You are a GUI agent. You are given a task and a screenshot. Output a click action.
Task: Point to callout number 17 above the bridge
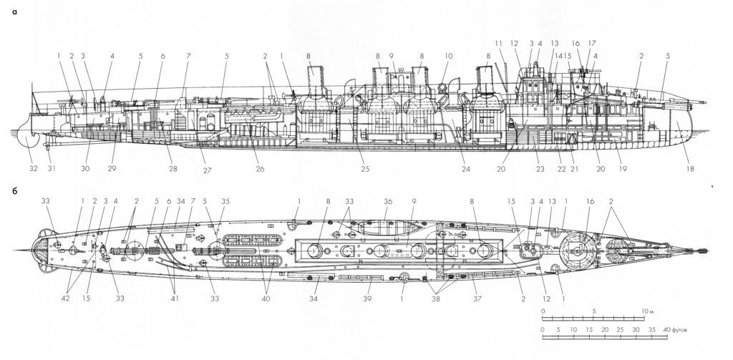coord(592,44)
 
